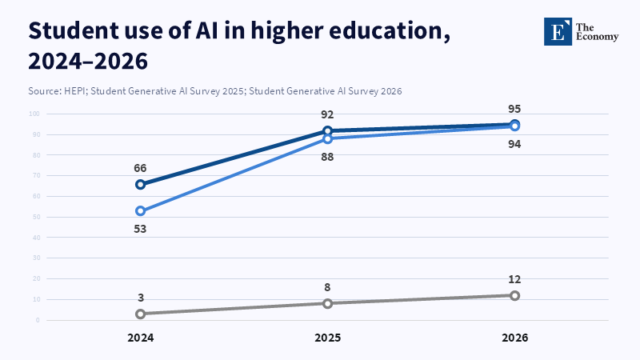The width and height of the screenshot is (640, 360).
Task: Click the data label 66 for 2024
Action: [x=140, y=168]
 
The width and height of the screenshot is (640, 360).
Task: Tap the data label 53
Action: [x=140, y=229]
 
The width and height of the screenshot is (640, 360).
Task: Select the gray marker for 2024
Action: [x=140, y=314]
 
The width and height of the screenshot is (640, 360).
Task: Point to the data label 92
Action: [x=327, y=114]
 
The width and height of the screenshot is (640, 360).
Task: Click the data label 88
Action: [x=327, y=157]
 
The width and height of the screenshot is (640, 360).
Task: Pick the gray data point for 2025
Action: [x=327, y=303]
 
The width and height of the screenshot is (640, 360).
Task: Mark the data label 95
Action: [x=514, y=109]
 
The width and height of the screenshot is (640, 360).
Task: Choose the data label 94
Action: [x=514, y=144]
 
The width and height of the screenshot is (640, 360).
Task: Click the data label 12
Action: [x=514, y=279]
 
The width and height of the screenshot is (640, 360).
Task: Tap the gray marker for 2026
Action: [x=514, y=295]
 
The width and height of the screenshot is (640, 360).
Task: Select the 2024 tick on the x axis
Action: [x=140, y=338]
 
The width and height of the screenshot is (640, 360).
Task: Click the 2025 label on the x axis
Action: [x=327, y=338]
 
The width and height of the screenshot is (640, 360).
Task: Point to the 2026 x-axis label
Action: [x=514, y=338]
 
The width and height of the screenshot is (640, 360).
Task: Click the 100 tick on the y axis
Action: [x=34, y=114]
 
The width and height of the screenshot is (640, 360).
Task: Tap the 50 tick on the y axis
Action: [x=36, y=217]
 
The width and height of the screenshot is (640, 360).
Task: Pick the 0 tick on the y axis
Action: [x=38, y=320]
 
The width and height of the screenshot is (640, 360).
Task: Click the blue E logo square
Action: [x=558, y=31]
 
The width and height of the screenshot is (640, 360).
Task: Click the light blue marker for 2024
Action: [x=140, y=211]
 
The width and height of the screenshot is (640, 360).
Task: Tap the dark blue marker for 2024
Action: [x=140, y=184]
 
